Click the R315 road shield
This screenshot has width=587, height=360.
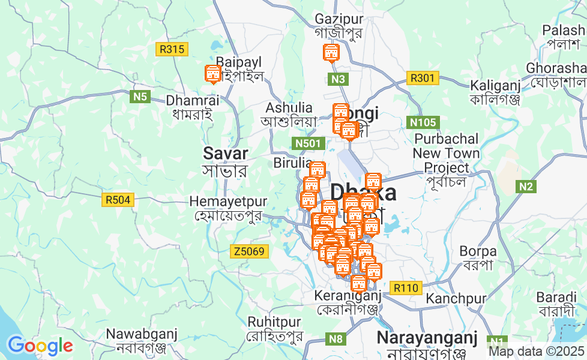(172, 49)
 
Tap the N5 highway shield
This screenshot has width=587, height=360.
(140, 96)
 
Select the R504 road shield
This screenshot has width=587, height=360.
(117, 200)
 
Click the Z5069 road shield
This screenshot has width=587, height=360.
(248, 251)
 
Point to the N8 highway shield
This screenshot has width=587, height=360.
(337, 339)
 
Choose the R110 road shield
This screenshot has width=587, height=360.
(406, 288)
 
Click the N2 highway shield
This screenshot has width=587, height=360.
(526, 187)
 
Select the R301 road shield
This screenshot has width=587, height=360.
(423, 77)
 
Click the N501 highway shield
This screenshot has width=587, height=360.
(309, 143)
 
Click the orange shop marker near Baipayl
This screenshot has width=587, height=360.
(212, 74)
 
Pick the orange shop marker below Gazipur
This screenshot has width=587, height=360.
(330, 53)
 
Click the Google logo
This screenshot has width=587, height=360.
(40, 346)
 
